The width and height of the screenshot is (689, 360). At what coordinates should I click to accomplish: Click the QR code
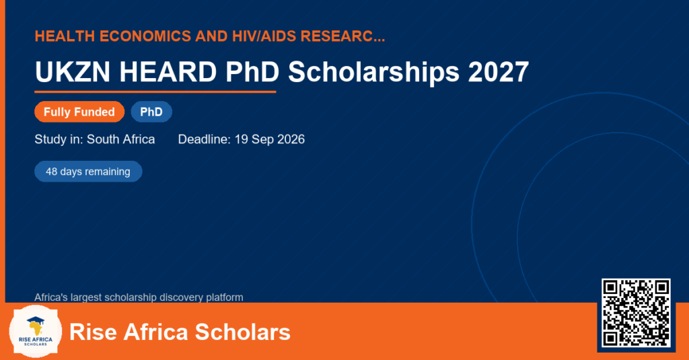636,313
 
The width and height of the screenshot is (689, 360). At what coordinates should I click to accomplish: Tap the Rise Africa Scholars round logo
36,332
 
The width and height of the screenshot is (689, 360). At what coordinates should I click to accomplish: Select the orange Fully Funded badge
79,112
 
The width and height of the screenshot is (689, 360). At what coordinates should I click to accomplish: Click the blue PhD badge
151,112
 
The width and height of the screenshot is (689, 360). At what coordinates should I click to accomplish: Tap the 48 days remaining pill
88,172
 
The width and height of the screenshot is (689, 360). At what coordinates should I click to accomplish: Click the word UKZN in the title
73,71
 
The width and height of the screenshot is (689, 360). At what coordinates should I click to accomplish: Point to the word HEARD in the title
168,71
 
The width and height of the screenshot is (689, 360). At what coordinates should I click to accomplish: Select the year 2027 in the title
499,71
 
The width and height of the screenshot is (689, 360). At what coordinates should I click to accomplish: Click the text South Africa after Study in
121,139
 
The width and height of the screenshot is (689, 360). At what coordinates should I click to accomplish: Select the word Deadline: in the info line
205,139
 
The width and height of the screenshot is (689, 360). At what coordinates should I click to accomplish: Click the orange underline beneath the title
155,92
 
